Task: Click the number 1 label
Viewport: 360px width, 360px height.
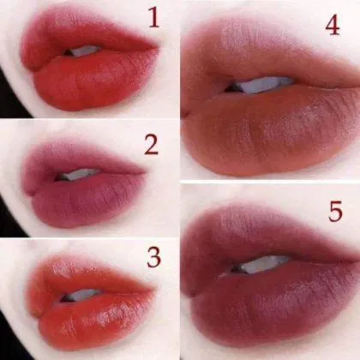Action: (153, 17)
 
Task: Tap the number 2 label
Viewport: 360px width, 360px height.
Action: (152, 145)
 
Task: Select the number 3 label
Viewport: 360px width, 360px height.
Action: (154, 257)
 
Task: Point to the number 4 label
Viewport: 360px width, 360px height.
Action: (333, 25)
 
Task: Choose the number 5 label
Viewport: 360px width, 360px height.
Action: (335, 212)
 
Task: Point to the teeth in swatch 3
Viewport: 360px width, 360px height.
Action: (83, 294)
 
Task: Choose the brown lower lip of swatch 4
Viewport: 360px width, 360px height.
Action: (272, 129)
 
